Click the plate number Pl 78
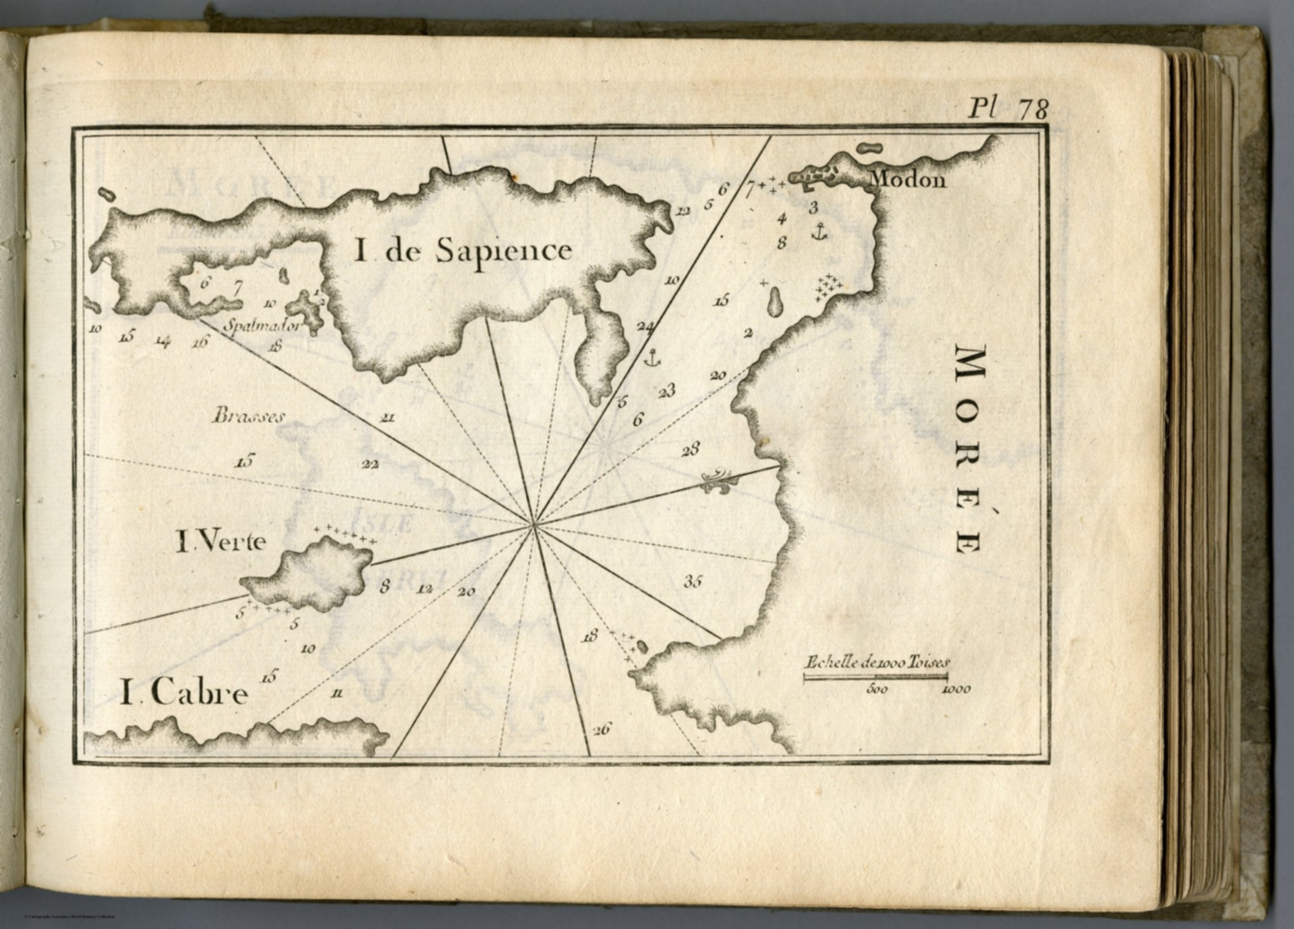1008,108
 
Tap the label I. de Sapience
462,250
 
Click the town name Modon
906,179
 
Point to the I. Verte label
221,542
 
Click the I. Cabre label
184,694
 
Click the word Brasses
249,415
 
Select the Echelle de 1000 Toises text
876,663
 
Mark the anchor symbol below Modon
817,230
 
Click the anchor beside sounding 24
650,357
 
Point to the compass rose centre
533,526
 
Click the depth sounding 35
693,580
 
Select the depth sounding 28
690,450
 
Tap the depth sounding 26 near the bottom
602,729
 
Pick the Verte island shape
308,575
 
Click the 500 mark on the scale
877,689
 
